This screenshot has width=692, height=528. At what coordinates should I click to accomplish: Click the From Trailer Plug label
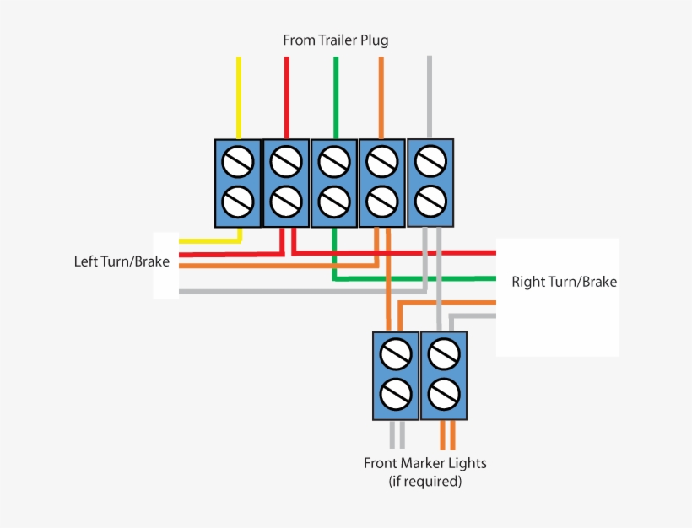(x=335, y=40)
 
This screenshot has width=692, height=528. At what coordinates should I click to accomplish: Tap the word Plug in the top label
(x=374, y=40)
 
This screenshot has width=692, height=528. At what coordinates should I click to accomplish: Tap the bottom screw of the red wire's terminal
(x=287, y=201)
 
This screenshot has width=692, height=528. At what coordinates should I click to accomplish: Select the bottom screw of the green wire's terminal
(x=335, y=201)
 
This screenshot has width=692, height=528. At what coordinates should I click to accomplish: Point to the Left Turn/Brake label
(x=122, y=261)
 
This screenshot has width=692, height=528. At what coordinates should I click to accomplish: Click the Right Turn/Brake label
(x=564, y=282)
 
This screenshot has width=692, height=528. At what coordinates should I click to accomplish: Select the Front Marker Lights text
(x=424, y=463)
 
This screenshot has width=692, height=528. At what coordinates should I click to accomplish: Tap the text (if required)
(x=424, y=482)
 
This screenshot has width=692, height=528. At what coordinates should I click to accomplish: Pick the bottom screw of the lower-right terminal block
(x=443, y=392)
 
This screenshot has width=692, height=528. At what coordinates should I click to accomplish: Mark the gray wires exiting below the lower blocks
(x=397, y=434)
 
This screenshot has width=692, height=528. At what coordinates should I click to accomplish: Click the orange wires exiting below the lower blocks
(x=447, y=434)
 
